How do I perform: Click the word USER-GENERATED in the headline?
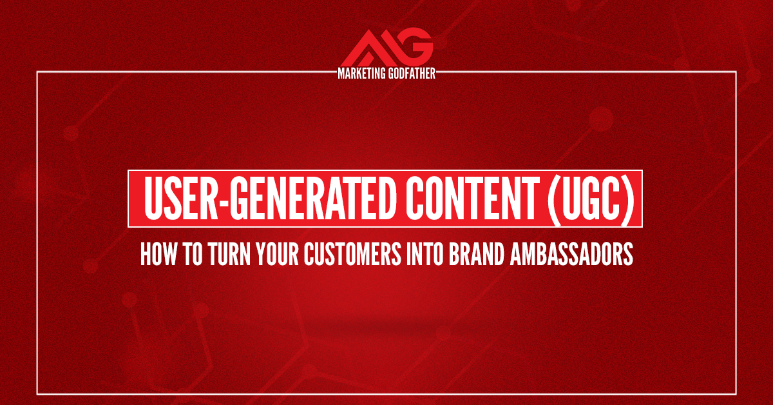[258, 197]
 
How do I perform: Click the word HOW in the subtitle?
[155, 256]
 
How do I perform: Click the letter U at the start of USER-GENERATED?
[152, 197]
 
